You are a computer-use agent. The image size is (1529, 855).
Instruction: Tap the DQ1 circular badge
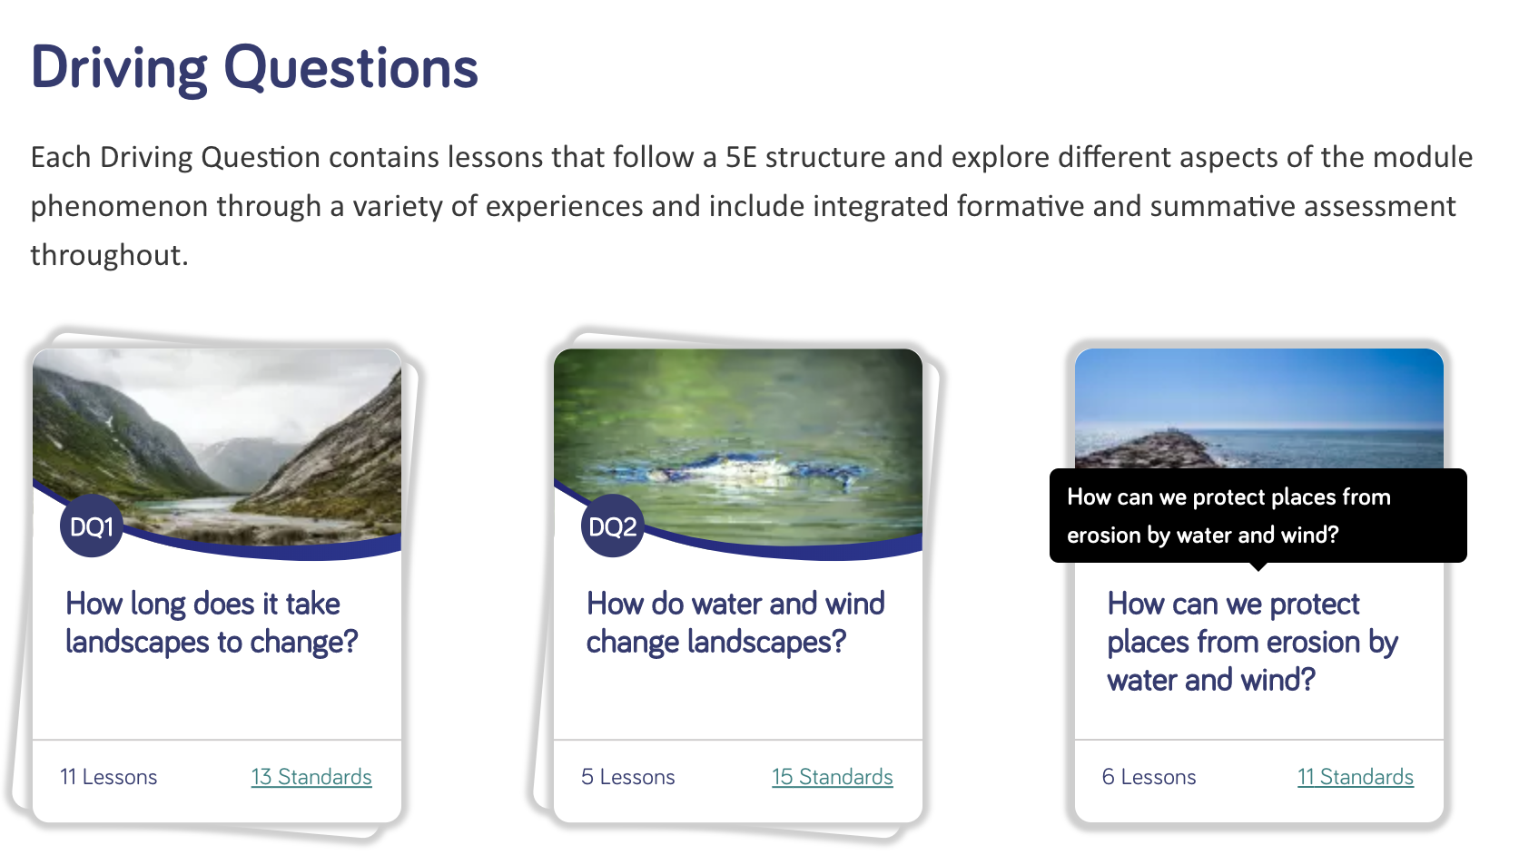(92, 526)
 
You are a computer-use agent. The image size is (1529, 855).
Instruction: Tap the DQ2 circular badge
(612, 526)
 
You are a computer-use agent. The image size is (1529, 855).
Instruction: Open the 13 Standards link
(311, 777)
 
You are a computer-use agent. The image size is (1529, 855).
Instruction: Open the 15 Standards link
(832, 777)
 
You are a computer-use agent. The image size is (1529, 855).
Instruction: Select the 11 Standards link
(1356, 777)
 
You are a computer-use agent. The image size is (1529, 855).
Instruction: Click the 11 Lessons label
(109, 777)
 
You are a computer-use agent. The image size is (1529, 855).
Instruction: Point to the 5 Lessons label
(628, 777)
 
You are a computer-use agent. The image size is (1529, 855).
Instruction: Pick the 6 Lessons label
(1149, 777)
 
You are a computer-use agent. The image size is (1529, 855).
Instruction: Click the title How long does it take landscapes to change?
(212, 623)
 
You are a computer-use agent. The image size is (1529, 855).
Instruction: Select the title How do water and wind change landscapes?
(735, 623)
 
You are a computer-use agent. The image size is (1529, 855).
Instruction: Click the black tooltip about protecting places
(1258, 516)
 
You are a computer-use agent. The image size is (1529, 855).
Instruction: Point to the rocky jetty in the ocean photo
(1154, 450)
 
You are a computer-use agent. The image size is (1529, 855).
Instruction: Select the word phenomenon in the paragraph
(120, 207)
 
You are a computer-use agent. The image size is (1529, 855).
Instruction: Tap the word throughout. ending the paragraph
(109, 255)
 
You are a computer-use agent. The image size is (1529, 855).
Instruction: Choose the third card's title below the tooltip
(1253, 642)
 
